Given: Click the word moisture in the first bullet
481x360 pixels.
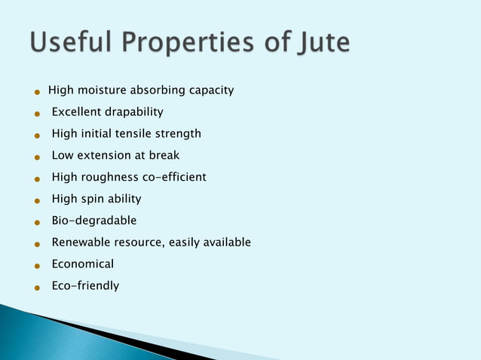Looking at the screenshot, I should (x=103, y=90).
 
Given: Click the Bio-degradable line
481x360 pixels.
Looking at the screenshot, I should (x=94, y=221).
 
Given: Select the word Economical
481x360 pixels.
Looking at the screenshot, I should (x=83, y=264).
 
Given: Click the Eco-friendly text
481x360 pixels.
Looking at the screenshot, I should (x=85, y=286).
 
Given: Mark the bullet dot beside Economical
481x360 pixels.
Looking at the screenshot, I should (x=36, y=266).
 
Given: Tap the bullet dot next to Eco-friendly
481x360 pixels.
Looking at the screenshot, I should (x=36, y=288).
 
